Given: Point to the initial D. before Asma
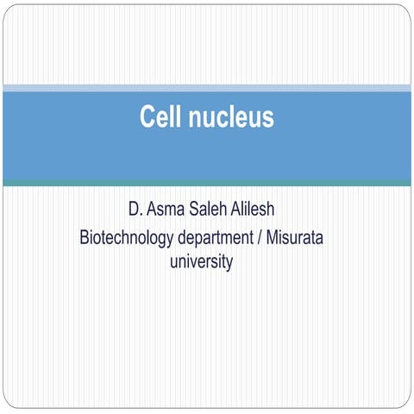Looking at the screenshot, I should [132, 210].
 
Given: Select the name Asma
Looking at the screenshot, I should [164, 210].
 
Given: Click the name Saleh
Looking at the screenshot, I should [210, 210].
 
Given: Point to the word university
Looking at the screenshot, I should [203, 261].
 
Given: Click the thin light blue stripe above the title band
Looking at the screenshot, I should [207, 87].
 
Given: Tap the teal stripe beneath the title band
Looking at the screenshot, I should [207, 182].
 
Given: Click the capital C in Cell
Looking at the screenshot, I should [147, 117].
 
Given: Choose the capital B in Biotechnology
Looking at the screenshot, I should [85, 236].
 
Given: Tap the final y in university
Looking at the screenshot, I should [229, 263].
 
